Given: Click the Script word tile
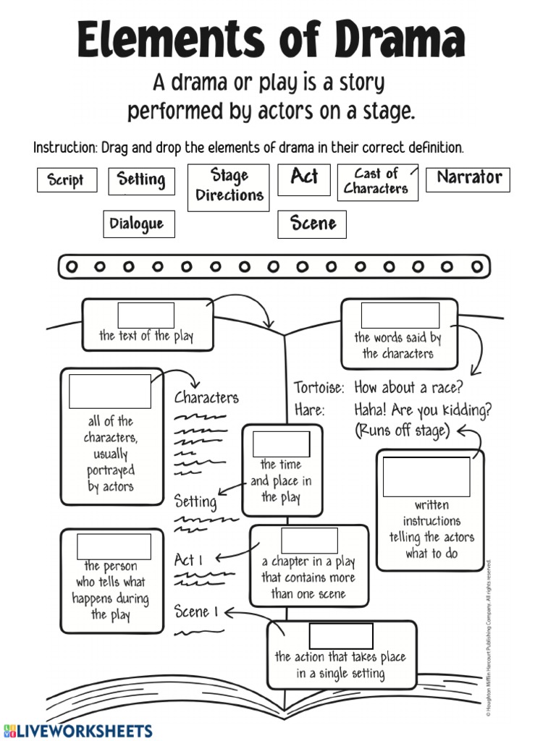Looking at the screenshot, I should tap(66, 180).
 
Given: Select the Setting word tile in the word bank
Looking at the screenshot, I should tap(141, 180).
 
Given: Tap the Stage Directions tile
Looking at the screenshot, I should tap(228, 187).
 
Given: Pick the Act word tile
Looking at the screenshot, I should tap(303, 177).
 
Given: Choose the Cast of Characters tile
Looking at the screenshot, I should tap(377, 182).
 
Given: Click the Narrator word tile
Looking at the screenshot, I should tap(468, 179).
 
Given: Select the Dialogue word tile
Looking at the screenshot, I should tap(136, 224).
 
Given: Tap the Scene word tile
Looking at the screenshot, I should tap(312, 224).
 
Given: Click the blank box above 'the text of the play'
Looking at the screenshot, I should tap(146, 316).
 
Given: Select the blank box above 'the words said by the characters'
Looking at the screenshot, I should tap(400, 316).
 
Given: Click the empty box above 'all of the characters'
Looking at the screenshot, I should tap(110, 391).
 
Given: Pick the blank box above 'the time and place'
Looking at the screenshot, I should tap(281, 444).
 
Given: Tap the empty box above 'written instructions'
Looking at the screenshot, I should tap(426, 476).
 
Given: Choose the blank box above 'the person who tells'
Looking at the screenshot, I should tap(114, 546).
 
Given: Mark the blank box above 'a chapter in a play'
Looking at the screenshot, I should tap(309, 541).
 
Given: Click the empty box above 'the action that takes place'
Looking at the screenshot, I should tap(341, 635).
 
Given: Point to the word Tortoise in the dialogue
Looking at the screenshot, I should tap(319, 388).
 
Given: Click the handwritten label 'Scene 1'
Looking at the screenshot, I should tap(195, 612).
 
